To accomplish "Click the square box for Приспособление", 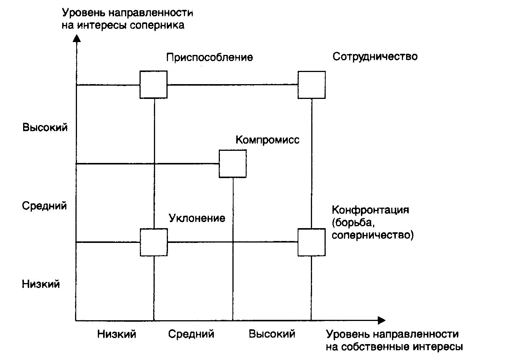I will tap(154, 85).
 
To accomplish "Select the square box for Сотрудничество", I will tap(311, 85).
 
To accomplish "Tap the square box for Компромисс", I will tap(232, 164).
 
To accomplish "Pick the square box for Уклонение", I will tap(154, 242).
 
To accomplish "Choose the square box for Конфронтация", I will tap(311, 242).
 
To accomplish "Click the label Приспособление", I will tap(209, 57).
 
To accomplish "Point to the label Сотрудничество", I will tap(375, 56).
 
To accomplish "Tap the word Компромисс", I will tap(267, 140).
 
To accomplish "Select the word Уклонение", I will tap(197, 218).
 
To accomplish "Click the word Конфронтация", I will tap(370, 210).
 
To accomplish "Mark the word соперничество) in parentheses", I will tap(372, 235).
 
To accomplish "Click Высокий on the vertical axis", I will tap(45, 127).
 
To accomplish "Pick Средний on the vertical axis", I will tap(44, 206).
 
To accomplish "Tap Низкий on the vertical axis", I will tap(41, 284).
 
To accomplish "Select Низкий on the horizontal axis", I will tap(116, 334).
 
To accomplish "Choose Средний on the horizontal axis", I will tap(191, 334).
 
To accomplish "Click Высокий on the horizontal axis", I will tap(272, 334).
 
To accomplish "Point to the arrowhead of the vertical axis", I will tap(77, 38).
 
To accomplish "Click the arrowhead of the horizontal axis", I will tap(381, 321).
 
